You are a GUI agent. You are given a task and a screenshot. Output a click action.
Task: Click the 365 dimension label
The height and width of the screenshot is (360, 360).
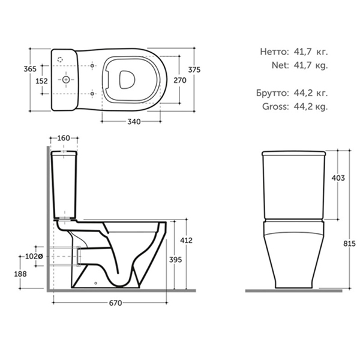point(30,69)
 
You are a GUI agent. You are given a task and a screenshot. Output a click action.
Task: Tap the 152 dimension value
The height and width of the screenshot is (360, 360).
point(42,81)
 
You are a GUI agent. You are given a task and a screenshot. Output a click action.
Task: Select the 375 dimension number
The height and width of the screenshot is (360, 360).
point(194,70)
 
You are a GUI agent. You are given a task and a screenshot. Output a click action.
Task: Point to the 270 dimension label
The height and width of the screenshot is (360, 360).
point(180,80)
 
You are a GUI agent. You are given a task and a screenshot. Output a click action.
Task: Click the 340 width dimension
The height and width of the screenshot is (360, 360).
point(134,121)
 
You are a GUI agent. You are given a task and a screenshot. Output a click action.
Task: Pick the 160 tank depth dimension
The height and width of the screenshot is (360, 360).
point(64,138)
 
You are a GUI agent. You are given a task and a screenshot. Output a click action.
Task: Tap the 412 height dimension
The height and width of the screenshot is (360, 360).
point(186,241)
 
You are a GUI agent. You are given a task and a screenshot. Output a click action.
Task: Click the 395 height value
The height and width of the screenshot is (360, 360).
point(176,260)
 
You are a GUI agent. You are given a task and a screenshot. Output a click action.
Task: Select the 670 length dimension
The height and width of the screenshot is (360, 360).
point(115,303)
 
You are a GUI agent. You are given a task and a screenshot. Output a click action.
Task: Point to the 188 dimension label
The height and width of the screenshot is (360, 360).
point(20,274)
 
